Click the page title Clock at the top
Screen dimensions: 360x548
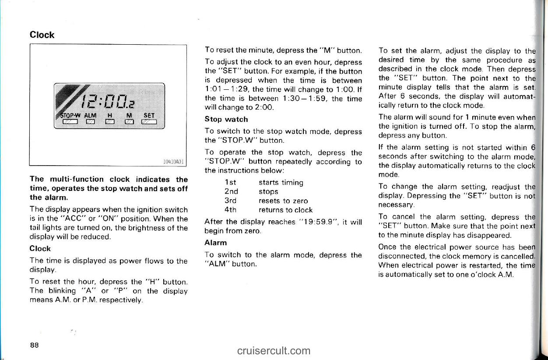42,35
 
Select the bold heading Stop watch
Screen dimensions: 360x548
226,119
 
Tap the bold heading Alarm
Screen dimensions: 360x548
215,243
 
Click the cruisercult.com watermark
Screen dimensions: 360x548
274,350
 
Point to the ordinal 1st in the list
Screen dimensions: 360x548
229,182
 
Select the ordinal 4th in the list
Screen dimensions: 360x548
230,210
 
